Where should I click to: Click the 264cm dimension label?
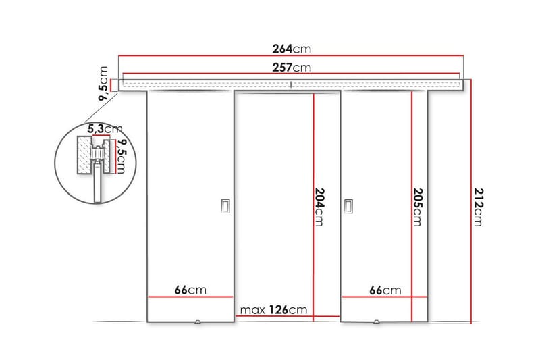click(x=291, y=49)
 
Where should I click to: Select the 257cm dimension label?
click(x=291, y=68)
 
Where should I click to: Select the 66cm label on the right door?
click(x=385, y=290)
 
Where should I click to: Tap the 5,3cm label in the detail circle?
click(x=104, y=128)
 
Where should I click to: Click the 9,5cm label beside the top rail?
click(x=103, y=84)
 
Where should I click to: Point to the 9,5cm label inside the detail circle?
click(x=121, y=156)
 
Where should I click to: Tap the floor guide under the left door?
click(x=198, y=322)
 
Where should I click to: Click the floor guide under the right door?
click(x=376, y=322)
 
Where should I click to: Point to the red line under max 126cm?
click(x=287, y=316)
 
